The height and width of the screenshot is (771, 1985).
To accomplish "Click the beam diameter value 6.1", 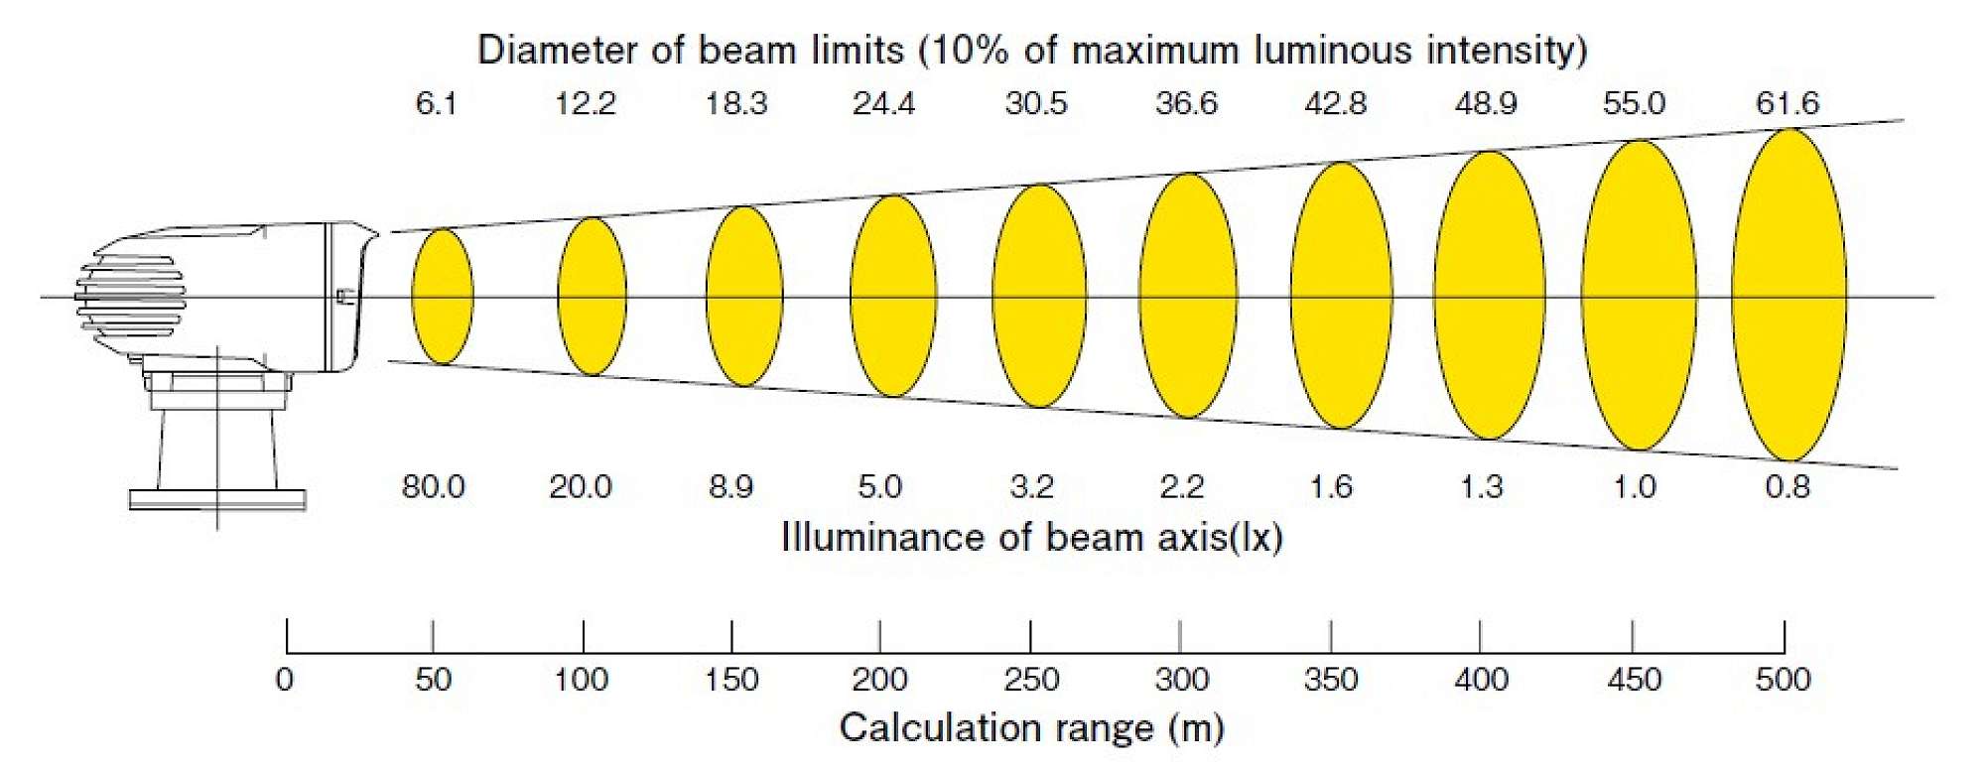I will (x=436, y=103).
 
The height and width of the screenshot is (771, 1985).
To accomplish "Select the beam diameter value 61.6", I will (x=1787, y=103).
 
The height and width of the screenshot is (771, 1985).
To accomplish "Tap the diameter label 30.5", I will (x=1036, y=103).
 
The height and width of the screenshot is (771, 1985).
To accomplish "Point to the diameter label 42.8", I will (x=1336, y=103).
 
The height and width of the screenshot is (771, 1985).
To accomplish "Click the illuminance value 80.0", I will (x=433, y=487).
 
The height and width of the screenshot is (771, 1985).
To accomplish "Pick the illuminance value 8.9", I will (x=731, y=487).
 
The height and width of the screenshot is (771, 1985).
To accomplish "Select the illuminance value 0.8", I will (x=1787, y=487).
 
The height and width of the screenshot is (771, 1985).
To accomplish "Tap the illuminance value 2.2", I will (x=1182, y=487).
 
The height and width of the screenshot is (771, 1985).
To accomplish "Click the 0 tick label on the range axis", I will (x=285, y=680).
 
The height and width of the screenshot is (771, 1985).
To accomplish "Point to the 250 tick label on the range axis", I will (x=1032, y=680).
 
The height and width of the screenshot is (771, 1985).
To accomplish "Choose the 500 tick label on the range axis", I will (x=1784, y=680).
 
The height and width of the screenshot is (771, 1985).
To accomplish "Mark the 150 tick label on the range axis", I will (x=731, y=680).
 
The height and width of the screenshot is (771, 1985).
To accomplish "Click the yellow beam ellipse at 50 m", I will (x=443, y=296).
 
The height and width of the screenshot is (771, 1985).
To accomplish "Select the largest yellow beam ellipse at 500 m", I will (x=1789, y=295).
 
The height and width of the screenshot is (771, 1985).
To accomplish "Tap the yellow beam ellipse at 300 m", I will (x=1188, y=296).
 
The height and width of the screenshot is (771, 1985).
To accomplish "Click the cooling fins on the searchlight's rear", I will (x=129, y=296).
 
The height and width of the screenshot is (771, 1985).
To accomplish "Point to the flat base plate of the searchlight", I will (x=216, y=499).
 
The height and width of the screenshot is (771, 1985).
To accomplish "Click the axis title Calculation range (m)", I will (x=1032, y=728).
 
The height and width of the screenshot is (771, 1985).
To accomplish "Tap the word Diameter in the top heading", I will (x=559, y=51).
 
